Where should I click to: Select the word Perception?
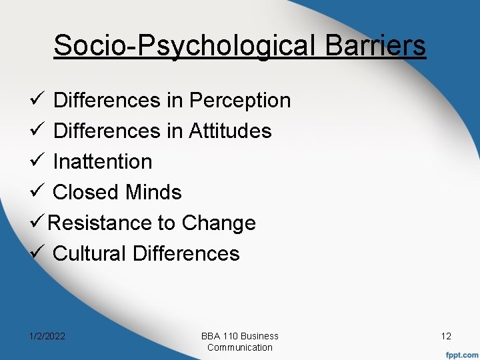click(x=240, y=101)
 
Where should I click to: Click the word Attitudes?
click(x=230, y=131)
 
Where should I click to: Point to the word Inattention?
click(x=103, y=162)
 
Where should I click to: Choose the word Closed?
click(x=81, y=193)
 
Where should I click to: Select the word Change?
click(x=219, y=223)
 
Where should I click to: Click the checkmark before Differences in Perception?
click(x=37, y=101)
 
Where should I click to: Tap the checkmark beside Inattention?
click(x=37, y=162)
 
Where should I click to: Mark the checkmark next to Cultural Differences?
click(x=37, y=254)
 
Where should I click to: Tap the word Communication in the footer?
click(x=240, y=347)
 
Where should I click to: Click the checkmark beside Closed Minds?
click(x=37, y=193)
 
